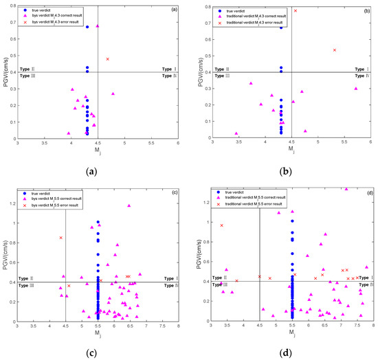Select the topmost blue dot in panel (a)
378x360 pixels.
coord(87,27)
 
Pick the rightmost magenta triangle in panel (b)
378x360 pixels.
coord(356,89)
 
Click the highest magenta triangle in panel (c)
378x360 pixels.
coord(129,205)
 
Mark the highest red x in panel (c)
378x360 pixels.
coord(61,238)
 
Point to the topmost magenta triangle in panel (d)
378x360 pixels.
coord(346,189)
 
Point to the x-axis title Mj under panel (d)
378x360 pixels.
coord(292,332)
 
